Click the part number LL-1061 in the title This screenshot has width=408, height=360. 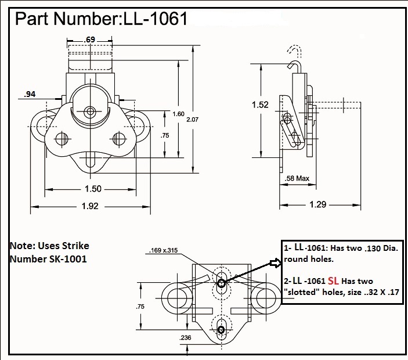(x=153, y=19)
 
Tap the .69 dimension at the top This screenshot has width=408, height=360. (x=90, y=39)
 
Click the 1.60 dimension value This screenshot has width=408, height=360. (x=178, y=114)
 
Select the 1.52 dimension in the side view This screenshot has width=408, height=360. (x=261, y=105)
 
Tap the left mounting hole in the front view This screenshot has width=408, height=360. (x=60, y=138)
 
